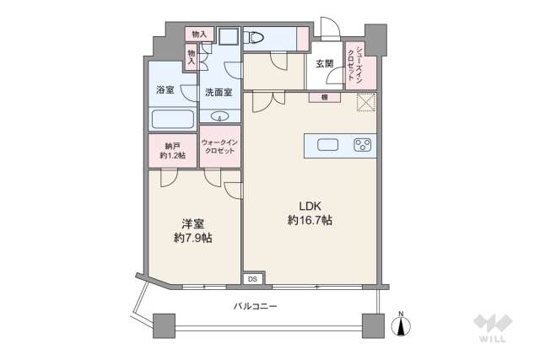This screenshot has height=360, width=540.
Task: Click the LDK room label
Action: pos(309,205)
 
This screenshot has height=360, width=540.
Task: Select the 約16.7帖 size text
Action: pos(309,220)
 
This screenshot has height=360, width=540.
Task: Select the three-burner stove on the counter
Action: pos(363,144)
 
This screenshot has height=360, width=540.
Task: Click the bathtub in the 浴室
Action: pos(172,119)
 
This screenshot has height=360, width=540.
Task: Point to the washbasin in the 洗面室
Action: pos(220,116)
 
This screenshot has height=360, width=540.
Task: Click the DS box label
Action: pos(252,278)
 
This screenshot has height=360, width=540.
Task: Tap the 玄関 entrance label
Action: pos(325,63)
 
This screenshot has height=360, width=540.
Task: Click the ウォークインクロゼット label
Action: pos(220,147)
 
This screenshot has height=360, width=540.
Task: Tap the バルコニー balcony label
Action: pos(255,306)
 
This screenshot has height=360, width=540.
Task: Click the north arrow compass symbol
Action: pos(402,325)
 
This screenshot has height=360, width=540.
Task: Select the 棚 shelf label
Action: pos(324,98)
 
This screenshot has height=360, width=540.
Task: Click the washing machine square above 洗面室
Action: pos(228,37)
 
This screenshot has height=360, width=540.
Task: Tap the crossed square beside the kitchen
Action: pos(366,103)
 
